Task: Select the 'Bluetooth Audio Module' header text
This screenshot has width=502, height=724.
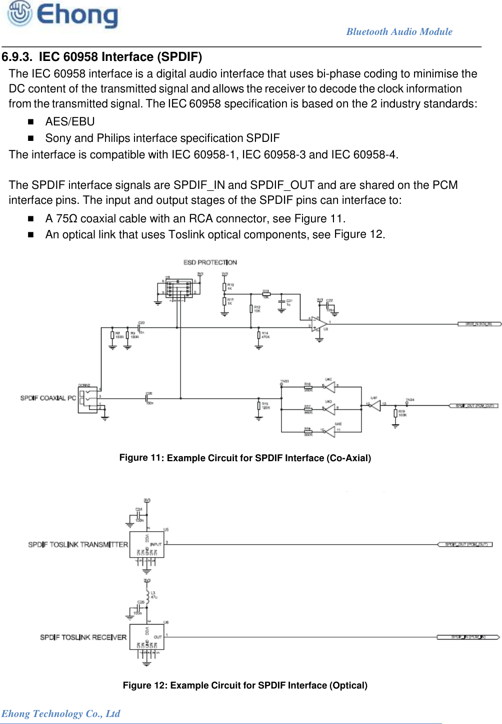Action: (x=399, y=31)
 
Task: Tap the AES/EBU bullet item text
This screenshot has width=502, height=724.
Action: (x=70, y=121)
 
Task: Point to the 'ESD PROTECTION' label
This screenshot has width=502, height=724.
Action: (x=210, y=262)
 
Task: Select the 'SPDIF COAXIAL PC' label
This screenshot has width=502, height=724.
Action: (x=48, y=398)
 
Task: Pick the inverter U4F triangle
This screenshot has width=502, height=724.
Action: (x=374, y=405)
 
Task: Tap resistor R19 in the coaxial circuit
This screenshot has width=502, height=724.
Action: (x=395, y=413)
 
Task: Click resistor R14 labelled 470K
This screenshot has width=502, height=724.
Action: (x=258, y=335)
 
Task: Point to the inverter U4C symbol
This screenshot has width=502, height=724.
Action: (x=329, y=387)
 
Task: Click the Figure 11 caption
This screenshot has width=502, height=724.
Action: (x=245, y=458)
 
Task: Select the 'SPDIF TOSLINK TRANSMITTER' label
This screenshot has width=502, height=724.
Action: (x=78, y=544)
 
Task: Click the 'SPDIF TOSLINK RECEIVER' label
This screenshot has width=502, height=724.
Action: (x=83, y=637)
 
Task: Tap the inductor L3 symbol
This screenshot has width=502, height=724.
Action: (x=147, y=595)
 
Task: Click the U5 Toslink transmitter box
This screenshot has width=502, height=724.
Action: (x=146, y=545)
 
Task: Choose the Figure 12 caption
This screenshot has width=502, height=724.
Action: (x=245, y=685)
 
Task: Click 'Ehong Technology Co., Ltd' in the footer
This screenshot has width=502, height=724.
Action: (x=60, y=714)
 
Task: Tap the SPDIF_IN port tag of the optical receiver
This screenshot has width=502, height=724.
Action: (x=467, y=637)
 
